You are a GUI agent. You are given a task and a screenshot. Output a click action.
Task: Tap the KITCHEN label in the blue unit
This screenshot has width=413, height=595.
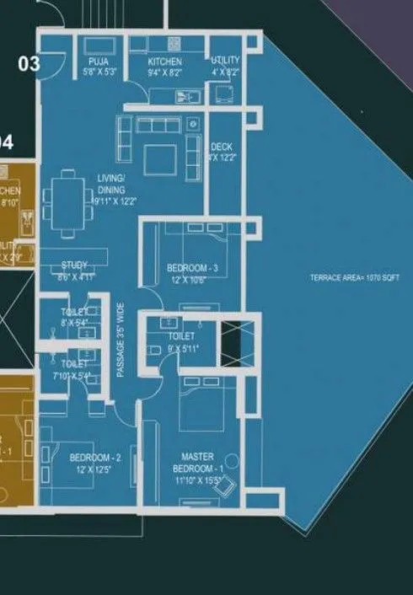tap(165, 62)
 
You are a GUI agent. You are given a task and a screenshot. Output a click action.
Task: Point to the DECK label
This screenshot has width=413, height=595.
tap(222, 147)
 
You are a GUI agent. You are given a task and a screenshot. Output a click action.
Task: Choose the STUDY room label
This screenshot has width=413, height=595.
tap(74, 265)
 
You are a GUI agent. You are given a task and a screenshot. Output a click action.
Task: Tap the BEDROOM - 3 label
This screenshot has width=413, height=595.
tap(192, 268)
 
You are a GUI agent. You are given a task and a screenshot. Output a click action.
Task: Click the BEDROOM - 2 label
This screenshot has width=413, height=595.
tap(95, 458)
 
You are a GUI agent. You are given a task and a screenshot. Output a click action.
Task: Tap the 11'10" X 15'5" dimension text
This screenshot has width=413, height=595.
tap(198, 481)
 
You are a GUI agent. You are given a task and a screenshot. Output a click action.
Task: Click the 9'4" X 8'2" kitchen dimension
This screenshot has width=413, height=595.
tap(165, 72)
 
